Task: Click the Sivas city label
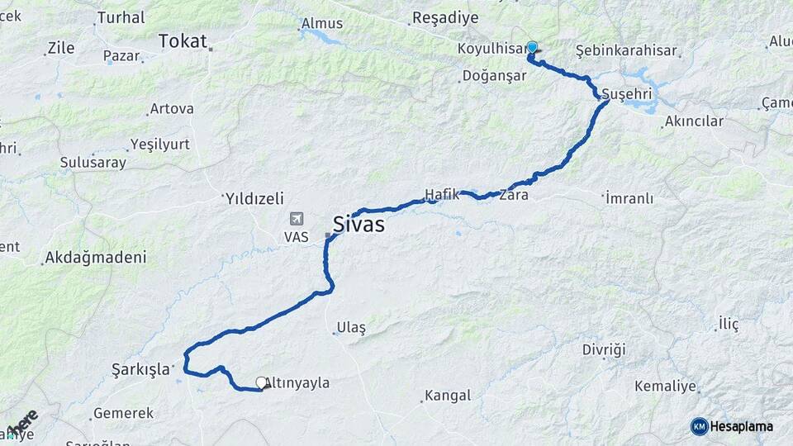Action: (x=359, y=223)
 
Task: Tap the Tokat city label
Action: (x=182, y=40)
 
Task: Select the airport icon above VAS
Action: (x=296, y=220)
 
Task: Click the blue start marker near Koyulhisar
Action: (x=532, y=48)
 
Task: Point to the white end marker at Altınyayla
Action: (x=261, y=382)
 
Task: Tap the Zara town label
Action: (x=513, y=197)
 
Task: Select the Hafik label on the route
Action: (x=441, y=195)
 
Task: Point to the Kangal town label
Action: (x=449, y=396)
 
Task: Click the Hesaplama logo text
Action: (x=742, y=426)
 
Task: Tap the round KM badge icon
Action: (x=699, y=426)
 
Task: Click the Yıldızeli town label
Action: (x=254, y=198)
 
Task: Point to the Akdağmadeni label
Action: (x=96, y=258)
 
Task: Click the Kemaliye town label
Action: (x=666, y=386)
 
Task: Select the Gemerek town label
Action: (x=124, y=413)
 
